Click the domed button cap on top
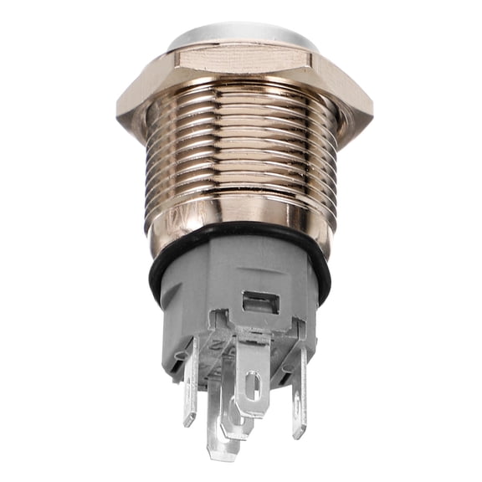[241, 35]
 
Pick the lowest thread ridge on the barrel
[241, 219]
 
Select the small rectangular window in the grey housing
[259, 303]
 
